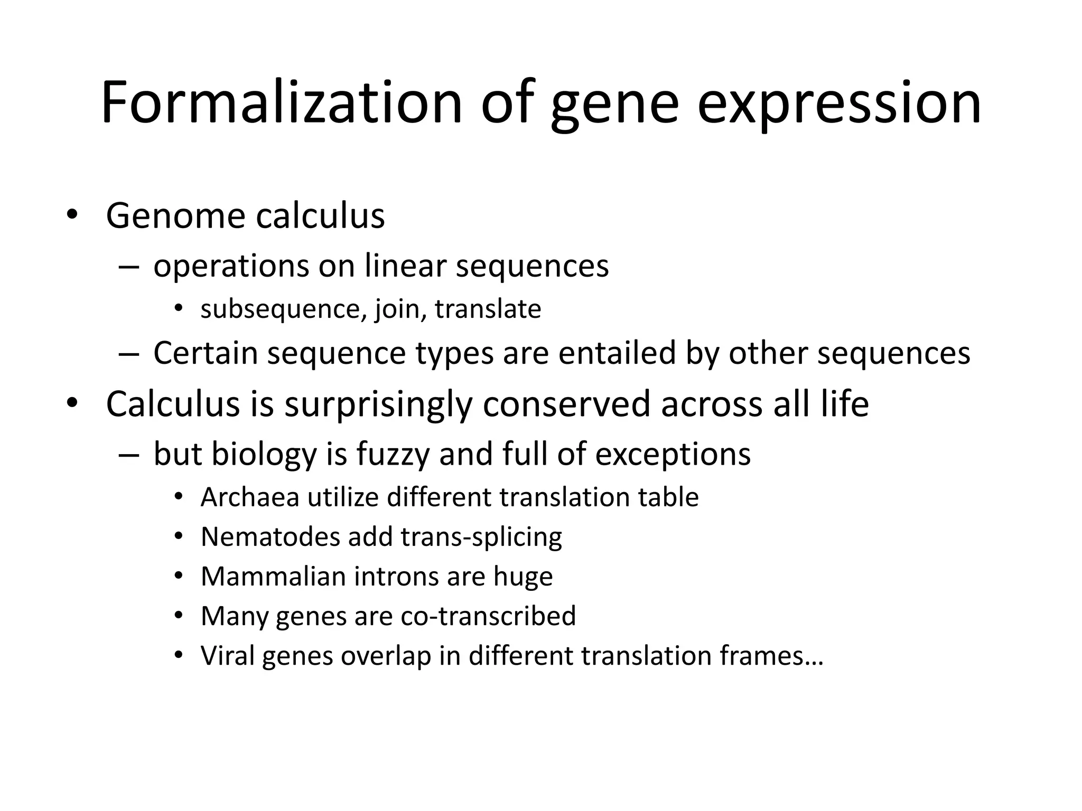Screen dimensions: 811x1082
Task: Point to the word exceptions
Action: click(673, 454)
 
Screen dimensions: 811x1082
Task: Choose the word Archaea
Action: click(250, 497)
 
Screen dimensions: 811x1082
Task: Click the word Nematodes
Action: click(270, 537)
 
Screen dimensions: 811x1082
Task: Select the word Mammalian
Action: click(273, 576)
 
